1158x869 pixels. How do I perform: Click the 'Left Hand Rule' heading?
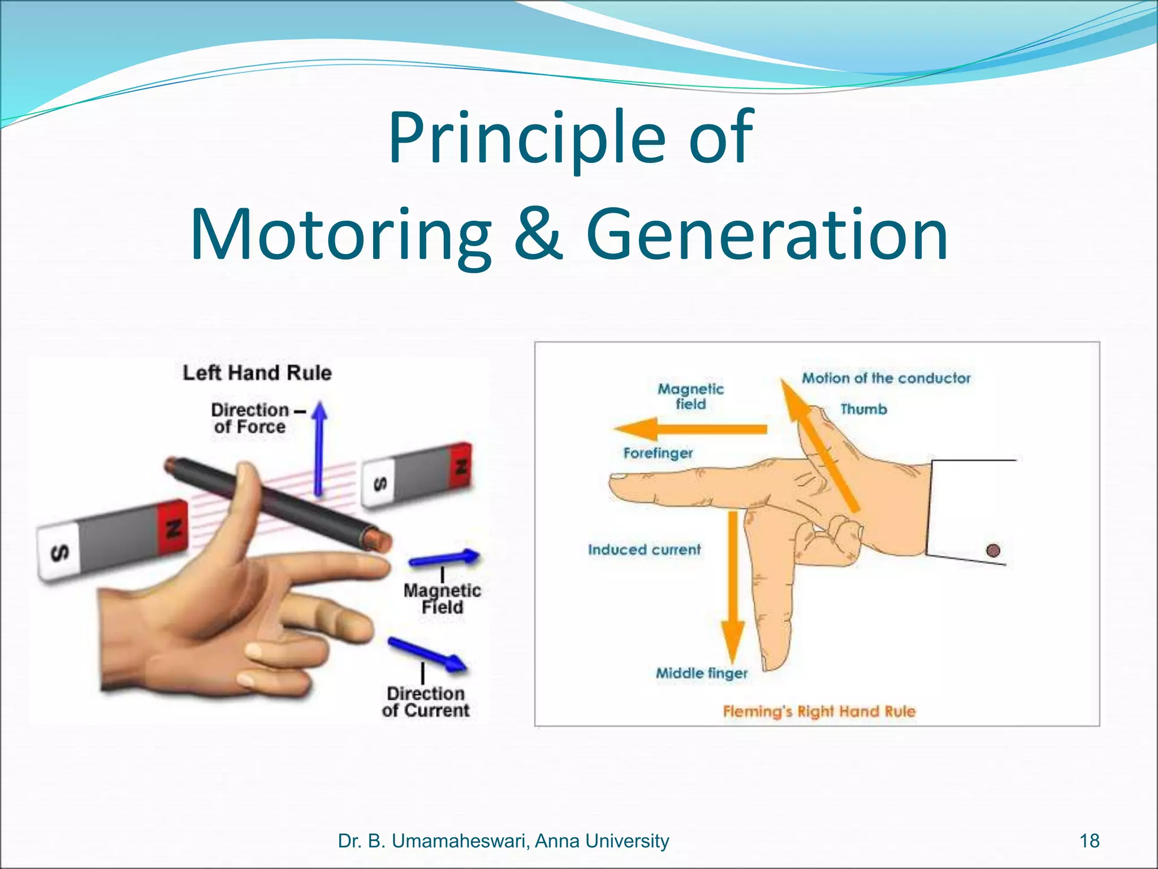(257, 373)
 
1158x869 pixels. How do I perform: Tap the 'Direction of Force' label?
(250, 418)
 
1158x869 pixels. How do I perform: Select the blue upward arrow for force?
(320, 447)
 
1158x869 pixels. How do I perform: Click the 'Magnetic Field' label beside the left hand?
(442, 599)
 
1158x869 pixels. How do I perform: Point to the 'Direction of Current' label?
(426, 702)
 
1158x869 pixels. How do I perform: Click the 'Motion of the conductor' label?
(886, 378)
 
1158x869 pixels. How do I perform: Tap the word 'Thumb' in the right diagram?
(863, 409)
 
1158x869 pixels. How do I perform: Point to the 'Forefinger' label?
(658, 453)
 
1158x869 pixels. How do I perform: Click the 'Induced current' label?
(644, 550)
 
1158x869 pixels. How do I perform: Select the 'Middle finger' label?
(702, 673)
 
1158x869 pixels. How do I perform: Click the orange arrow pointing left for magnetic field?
(690, 429)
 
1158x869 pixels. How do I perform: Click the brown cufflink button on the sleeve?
(993, 550)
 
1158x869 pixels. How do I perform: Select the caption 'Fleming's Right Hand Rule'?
(819, 712)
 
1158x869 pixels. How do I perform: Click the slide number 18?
(1089, 841)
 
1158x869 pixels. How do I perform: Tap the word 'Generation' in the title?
(767, 235)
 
